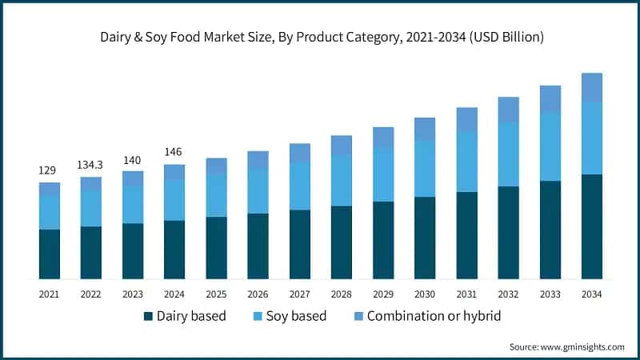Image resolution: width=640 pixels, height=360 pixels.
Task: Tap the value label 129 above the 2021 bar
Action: [49, 170]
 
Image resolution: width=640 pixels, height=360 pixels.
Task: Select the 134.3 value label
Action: [90, 164]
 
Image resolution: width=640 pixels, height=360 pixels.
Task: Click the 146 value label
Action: [174, 152]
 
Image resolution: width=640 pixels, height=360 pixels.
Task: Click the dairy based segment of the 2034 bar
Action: [591, 226]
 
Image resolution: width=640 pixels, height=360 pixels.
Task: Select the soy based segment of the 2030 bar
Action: [425, 169]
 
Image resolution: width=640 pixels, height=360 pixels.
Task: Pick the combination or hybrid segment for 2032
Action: [508, 110]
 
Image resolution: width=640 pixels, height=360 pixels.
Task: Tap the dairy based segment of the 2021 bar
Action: [49, 254]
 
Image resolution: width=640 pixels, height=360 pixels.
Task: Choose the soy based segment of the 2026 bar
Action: [258, 191]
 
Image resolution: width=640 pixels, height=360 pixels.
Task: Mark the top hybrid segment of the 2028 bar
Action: [342, 145]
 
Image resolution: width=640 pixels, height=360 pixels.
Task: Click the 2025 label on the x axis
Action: [216, 294]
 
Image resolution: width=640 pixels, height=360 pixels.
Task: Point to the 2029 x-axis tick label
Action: [383, 294]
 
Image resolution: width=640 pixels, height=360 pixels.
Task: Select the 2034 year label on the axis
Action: [591, 294]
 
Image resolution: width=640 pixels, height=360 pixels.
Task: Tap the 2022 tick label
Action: [90, 294]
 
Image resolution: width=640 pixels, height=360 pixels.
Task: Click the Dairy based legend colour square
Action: [148, 317]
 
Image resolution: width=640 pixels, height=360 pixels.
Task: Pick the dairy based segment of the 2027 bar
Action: [299, 244]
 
